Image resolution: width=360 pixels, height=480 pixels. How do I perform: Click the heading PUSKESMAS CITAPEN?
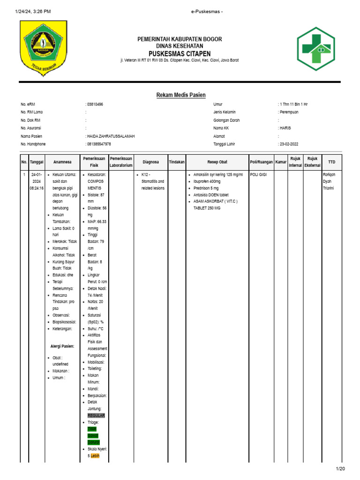coord(180,53)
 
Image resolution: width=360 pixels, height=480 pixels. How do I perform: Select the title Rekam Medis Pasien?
coord(181,95)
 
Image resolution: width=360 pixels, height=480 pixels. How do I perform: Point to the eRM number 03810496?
coord(95,104)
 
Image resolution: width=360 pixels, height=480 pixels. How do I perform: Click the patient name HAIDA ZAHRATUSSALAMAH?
coord(111,136)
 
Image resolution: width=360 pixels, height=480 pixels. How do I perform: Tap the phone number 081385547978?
coord(99,144)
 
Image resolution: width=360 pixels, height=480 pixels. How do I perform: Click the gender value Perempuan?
coord(289,112)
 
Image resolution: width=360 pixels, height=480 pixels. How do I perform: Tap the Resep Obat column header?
coord(217,162)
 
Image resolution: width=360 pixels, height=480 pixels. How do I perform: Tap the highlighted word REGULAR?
coord(96,416)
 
